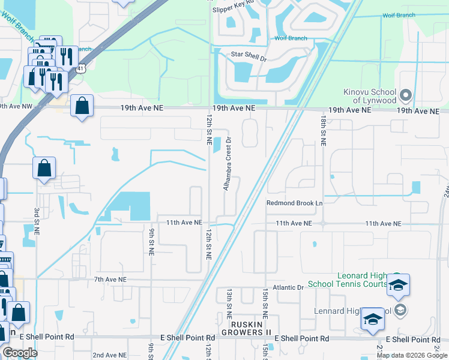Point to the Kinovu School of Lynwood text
pos(370,97)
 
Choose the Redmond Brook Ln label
pos(295,203)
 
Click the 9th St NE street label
pos(151,239)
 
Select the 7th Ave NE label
pos(110,280)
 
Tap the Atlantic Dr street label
pos(289,287)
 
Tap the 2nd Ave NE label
pos(109,355)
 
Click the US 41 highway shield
pos(80,69)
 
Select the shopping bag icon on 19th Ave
pos(82,107)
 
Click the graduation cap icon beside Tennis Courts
pos(397,284)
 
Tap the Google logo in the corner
pos(20,353)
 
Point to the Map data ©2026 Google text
pos(412,355)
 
